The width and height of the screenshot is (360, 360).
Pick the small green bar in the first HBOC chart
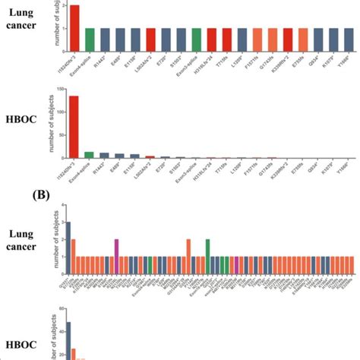click(x=89, y=155)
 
